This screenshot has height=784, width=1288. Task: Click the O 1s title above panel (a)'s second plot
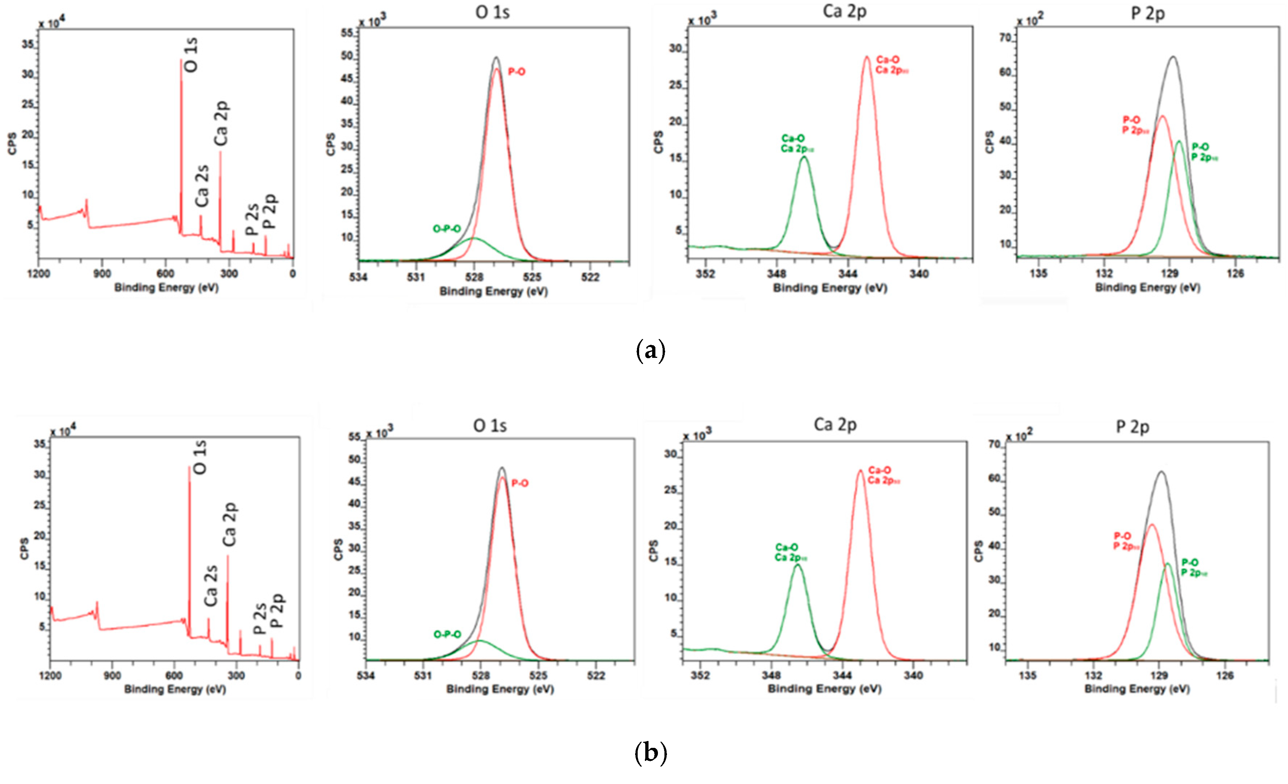(492, 12)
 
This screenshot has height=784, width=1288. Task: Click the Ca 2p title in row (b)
(835, 425)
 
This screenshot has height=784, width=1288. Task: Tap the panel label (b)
(650, 753)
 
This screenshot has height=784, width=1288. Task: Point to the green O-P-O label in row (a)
(447, 229)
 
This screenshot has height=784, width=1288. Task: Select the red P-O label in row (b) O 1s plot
(520, 483)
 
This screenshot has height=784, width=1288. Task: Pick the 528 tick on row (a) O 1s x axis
(474, 277)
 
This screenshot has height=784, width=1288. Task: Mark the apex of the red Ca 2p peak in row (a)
(867, 57)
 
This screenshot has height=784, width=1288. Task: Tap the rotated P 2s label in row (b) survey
(260, 618)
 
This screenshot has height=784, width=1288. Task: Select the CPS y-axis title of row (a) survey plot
(12, 143)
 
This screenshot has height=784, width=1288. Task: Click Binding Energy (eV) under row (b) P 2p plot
(1137, 689)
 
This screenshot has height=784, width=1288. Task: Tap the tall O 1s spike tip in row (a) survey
(181, 60)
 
